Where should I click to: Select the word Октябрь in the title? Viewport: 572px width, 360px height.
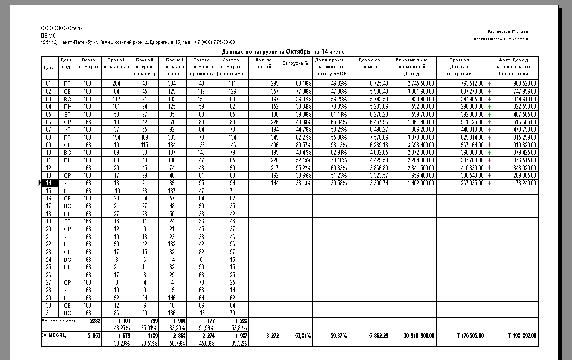(298, 51)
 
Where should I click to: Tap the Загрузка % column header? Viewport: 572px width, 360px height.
(296, 63)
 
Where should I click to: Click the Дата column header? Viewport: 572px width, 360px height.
(49, 67)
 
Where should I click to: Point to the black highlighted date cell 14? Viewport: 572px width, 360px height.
(49, 183)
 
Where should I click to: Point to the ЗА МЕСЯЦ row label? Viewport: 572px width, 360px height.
(53, 335)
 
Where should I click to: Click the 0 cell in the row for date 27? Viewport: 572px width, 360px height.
(116, 282)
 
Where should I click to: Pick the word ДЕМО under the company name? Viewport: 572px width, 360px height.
(49, 36)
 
